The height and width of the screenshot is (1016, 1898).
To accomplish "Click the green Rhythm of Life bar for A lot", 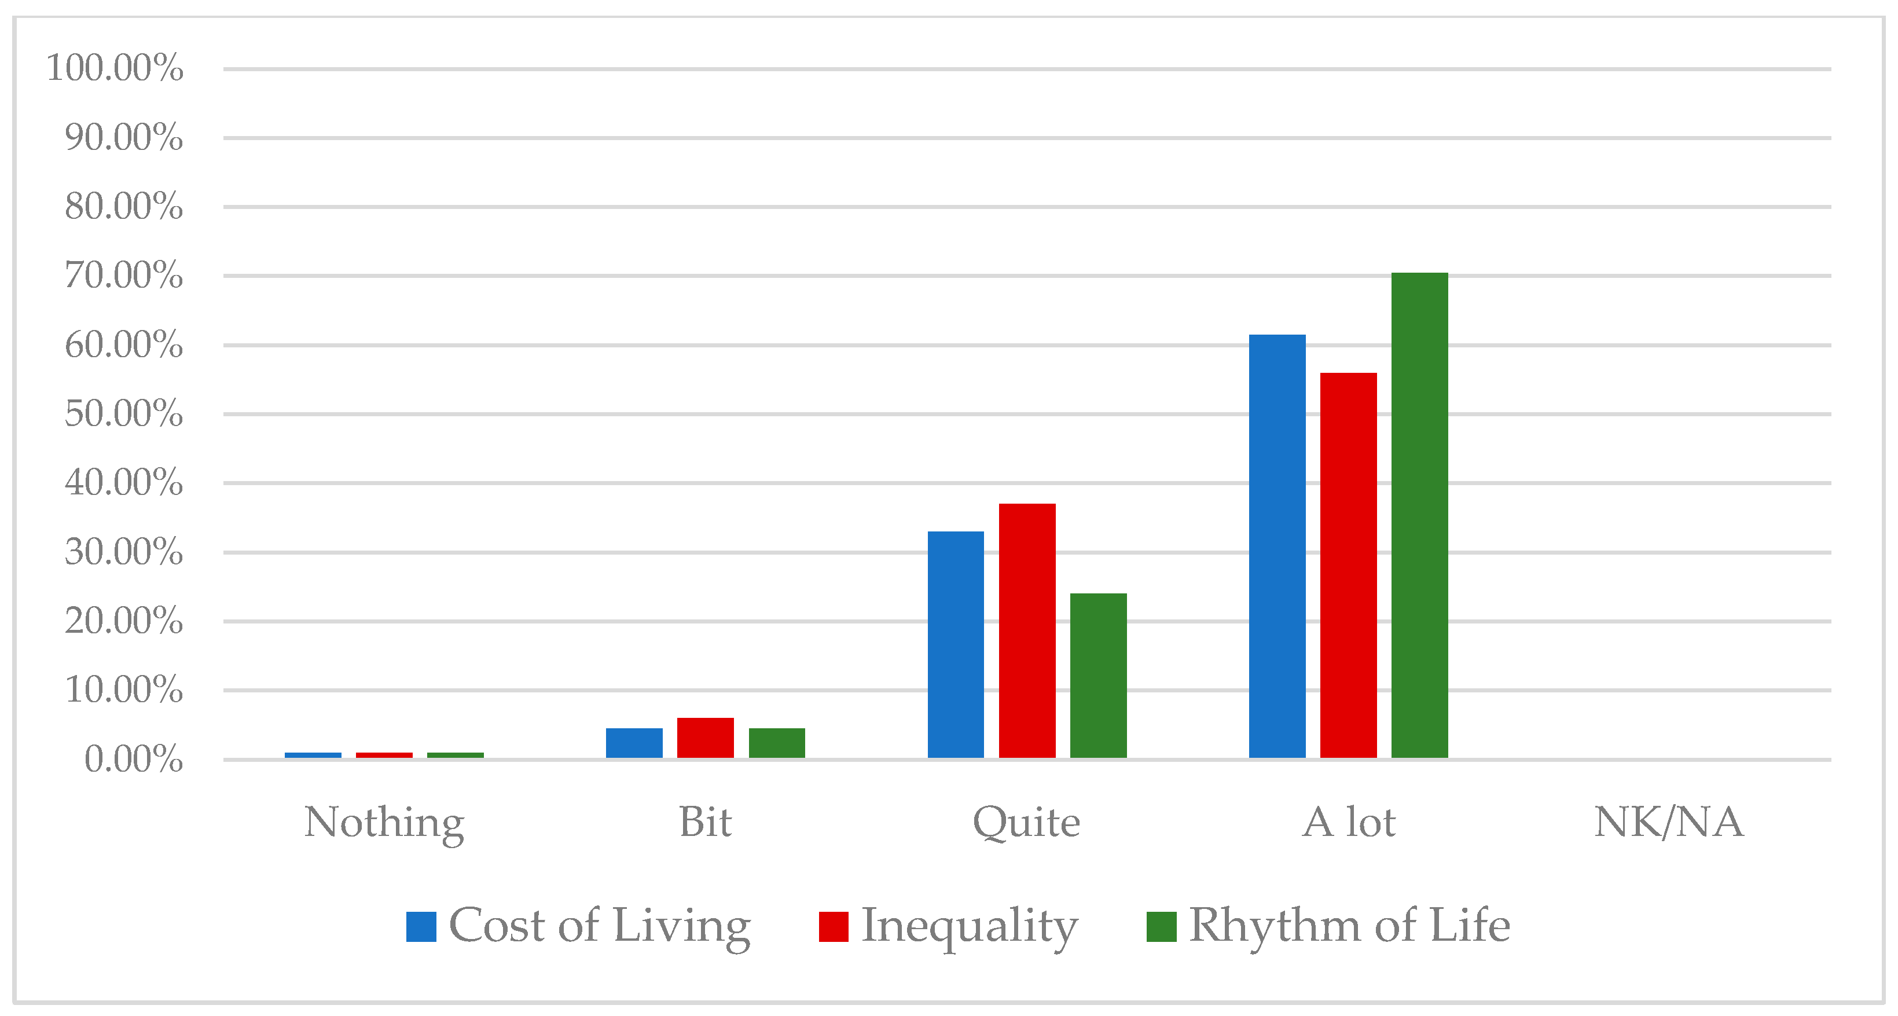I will pyautogui.click(x=1419, y=515).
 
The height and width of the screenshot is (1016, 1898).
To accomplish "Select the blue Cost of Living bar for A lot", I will pyautogui.click(x=1277, y=546).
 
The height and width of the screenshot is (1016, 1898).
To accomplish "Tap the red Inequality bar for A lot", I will pyautogui.click(x=1348, y=565).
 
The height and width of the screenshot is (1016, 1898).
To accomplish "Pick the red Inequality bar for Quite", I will pyautogui.click(x=1027, y=630).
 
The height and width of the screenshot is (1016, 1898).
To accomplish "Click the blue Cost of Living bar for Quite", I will pyautogui.click(x=956, y=645).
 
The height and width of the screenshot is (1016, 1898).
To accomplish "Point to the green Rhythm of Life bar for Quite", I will pyautogui.click(x=1098, y=675).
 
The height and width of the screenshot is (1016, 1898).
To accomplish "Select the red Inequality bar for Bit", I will pyautogui.click(x=705, y=738).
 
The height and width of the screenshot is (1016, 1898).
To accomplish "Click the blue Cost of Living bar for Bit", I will pyautogui.click(x=634, y=743).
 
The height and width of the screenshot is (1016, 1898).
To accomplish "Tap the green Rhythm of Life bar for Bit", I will pyautogui.click(x=777, y=743).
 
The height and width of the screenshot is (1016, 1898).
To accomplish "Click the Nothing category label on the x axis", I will pyautogui.click(x=384, y=822).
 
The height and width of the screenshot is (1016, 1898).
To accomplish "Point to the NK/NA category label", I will pyautogui.click(x=1669, y=822).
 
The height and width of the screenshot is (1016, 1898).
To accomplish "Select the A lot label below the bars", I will pyautogui.click(x=1348, y=822).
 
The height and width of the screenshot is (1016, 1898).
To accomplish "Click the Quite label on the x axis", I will pyautogui.click(x=1026, y=822).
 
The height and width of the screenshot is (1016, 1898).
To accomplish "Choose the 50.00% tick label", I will pyautogui.click(x=123, y=414).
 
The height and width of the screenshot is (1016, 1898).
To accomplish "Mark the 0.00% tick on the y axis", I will pyautogui.click(x=133, y=760).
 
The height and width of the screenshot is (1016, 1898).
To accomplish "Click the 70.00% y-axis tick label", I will pyautogui.click(x=123, y=276).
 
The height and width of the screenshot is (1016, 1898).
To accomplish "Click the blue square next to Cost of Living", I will pyautogui.click(x=421, y=927).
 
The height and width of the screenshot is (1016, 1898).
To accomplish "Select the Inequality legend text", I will pyautogui.click(x=969, y=926).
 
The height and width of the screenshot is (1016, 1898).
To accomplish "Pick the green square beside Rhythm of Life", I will pyautogui.click(x=1161, y=927).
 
